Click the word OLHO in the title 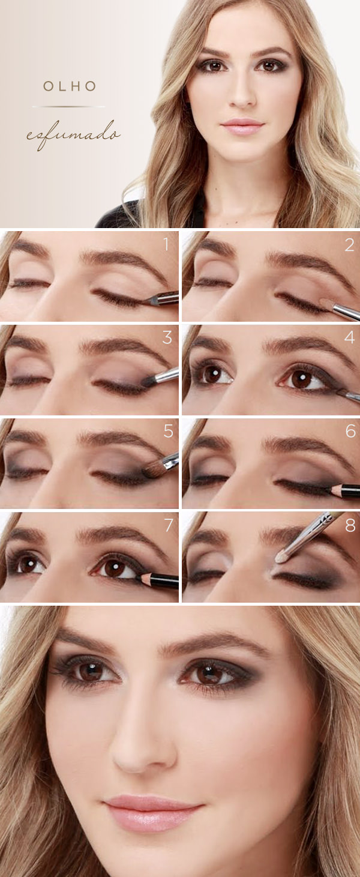click(x=69, y=86)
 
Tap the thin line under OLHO click(x=68, y=107)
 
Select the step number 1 click(x=166, y=244)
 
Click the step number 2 click(x=349, y=245)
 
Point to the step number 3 click(x=167, y=338)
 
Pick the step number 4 click(x=349, y=338)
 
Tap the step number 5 click(x=167, y=432)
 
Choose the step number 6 click(x=350, y=432)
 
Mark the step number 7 click(x=167, y=525)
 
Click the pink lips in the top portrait click(x=242, y=126)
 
